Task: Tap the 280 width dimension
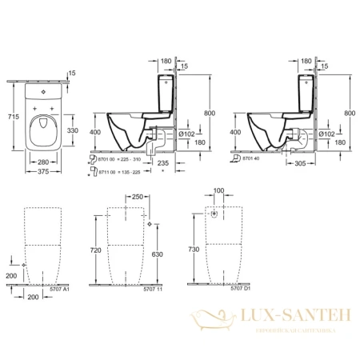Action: pyautogui.click(x=44, y=162)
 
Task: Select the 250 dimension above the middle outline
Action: pyautogui.click(x=137, y=197)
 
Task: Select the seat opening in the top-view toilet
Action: pyautogui.click(x=44, y=128)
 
